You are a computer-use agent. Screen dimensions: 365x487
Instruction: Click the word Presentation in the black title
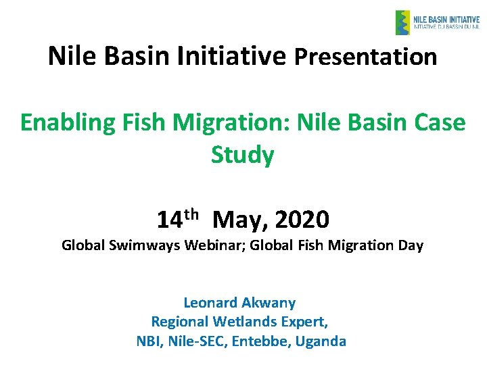pos(365,57)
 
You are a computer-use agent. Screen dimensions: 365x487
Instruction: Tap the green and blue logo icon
pos(402,22)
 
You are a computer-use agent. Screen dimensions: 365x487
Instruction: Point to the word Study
pos(242,155)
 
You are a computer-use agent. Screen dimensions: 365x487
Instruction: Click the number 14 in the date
pos(169,220)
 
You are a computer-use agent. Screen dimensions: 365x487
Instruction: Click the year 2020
pos(302,220)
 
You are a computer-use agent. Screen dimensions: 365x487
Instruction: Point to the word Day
pos(410,245)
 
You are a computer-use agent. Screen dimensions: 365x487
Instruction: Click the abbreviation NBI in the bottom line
pos(147,341)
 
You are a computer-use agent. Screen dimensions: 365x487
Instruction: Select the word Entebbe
pos(257,341)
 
